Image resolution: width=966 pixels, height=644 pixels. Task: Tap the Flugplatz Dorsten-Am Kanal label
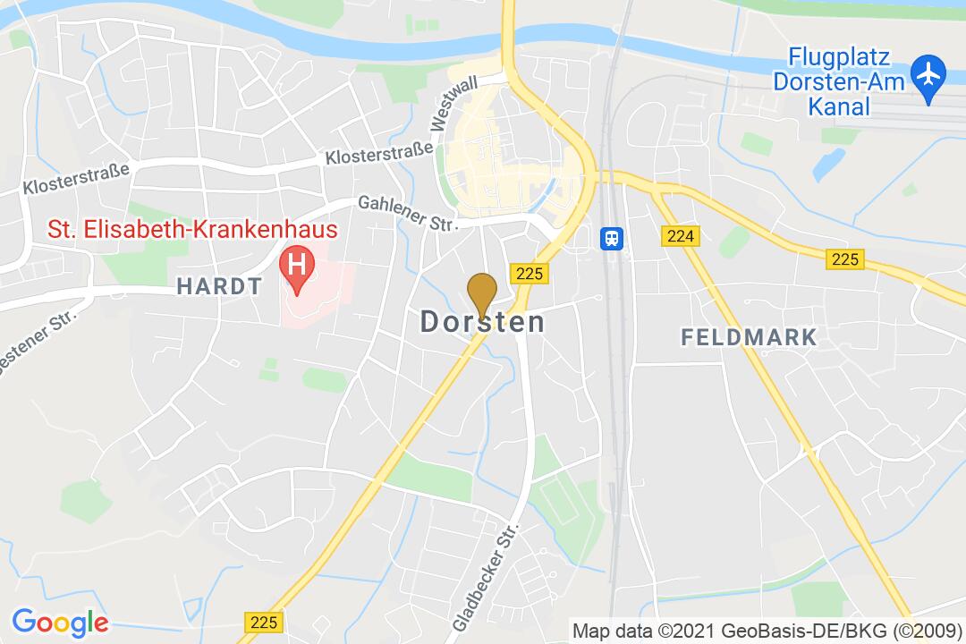pyautogui.click(x=839, y=82)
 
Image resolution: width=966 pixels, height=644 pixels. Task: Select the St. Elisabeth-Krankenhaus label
pyautogui.click(x=192, y=230)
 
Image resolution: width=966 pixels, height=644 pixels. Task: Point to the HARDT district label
pyautogui.click(x=219, y=286)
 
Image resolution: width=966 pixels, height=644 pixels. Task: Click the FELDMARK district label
pyautogui.click(x=749, y=337)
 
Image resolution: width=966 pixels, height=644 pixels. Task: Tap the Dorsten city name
pyautogui.click(x=482, y=322)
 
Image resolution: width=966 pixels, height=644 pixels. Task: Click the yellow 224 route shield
pyautogui.click(x=681, y=236)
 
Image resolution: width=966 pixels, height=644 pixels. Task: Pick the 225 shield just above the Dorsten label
pyautogui.click(x=529, y=274)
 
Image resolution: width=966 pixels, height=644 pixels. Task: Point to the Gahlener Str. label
pyautogui.click(x=408, y=215)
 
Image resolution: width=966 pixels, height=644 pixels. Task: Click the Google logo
pyautogui.click(x=60, y=621)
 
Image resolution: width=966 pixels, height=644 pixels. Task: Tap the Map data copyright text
pyautogui.click(x=767, y=630)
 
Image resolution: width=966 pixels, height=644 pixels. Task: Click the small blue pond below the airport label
pyautogui.click(x=828, y=164)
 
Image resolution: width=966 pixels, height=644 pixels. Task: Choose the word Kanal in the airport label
pyautogui.click(x=839, y=107)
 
